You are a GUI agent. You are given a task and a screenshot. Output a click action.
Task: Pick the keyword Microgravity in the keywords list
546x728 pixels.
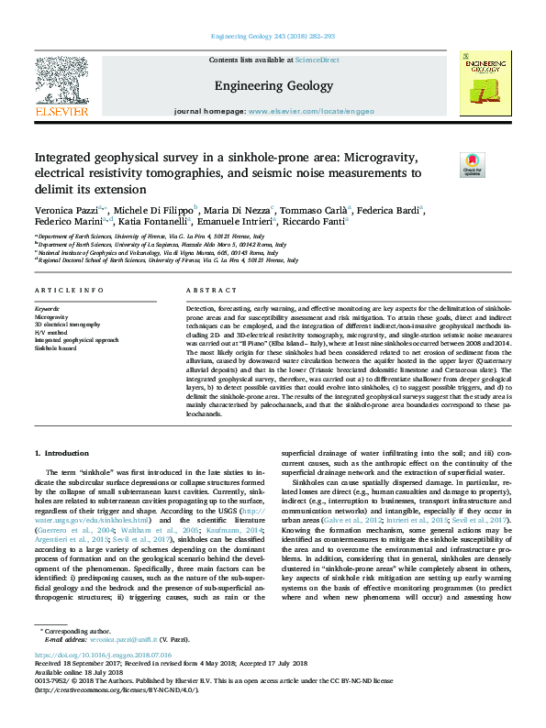[x=51, y=317]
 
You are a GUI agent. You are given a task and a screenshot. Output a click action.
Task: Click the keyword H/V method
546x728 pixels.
[x=50, y=332]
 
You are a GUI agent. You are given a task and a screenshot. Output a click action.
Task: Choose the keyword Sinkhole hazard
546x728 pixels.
[x=56, y=348]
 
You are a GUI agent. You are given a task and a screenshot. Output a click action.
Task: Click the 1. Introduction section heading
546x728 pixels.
[x=61, y=453]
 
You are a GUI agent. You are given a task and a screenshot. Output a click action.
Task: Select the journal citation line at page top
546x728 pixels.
[x=273, y=37]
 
